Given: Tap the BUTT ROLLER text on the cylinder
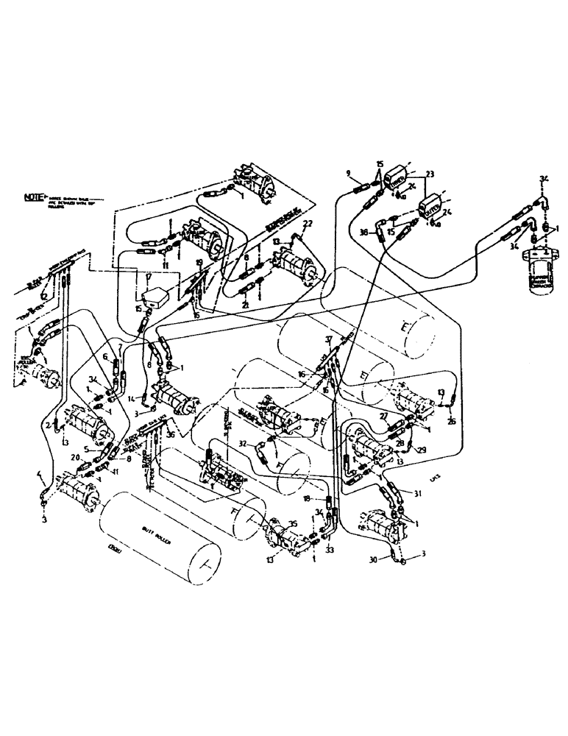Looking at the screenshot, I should [x=156, y=529].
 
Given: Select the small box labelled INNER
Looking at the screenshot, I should [x=394, y=177].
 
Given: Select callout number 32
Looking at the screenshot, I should [x=241, y=444].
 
